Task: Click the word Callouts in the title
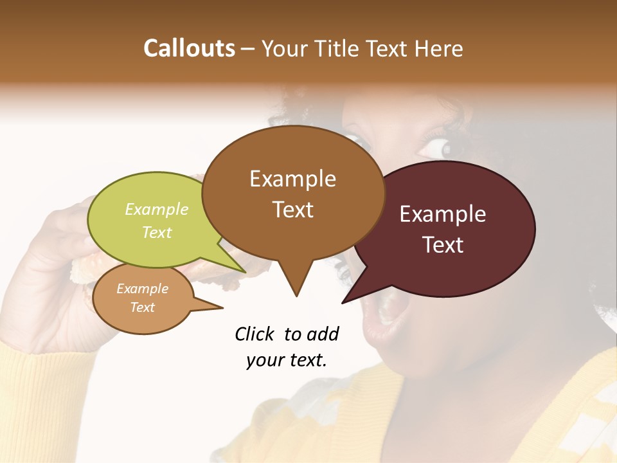(189, 48)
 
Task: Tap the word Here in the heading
(439, 48)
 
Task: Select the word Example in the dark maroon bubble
(443, 214)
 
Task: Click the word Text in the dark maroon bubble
(443, 244)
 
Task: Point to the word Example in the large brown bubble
(292, 179)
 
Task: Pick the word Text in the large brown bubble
(292, 209)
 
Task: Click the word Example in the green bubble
(157, 210)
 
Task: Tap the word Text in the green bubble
(157, 232)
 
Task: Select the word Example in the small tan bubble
(142, 289)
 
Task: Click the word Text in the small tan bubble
(142, 307)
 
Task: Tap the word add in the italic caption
(323, 334)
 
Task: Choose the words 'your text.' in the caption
(286, 360)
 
